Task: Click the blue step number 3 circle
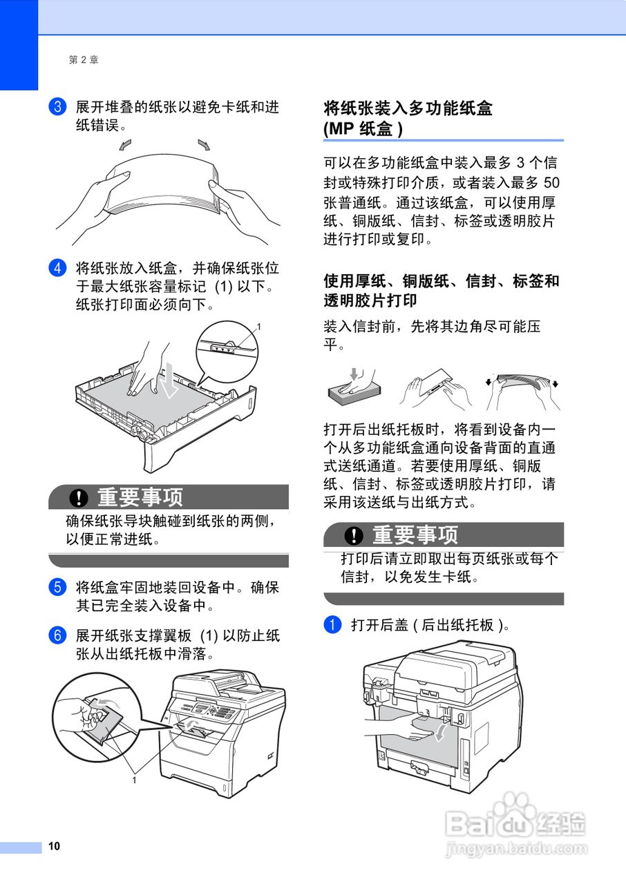click(57, 107)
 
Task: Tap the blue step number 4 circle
click(57, 268)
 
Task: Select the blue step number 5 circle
click(57, 588)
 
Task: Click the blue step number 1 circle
click(333, 625)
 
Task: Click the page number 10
click(55, 847)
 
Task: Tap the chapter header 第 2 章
click(84, 60)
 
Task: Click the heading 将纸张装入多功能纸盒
click(408, 108)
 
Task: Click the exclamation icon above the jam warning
click(355, 535)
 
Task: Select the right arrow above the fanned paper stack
click(205, 144)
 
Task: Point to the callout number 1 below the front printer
click(134, 780)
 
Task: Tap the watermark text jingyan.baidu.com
click(516, 847)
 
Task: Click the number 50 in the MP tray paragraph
click(551, 183)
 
